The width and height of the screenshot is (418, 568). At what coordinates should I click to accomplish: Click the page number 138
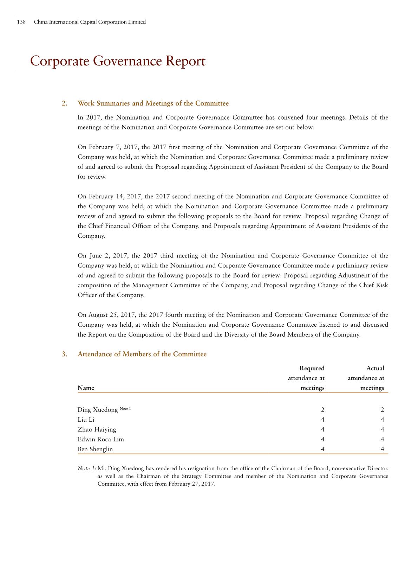(21, 22)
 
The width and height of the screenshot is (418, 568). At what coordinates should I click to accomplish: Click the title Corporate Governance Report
(118, 61)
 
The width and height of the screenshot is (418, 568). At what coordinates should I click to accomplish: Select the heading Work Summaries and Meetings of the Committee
(153, 103)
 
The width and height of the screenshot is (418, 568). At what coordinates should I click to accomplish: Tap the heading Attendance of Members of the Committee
(142, 354)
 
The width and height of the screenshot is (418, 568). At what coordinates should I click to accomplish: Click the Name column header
(86, 388)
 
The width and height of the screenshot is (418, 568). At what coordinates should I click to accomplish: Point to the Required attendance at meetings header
(306, 378)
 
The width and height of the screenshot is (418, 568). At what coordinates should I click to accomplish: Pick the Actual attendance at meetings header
(366, 378)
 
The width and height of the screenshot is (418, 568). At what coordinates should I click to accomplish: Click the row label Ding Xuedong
(98, 410)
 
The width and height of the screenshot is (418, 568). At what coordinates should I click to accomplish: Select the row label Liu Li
(86, 420)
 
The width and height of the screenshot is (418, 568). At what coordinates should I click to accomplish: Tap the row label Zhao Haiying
(97, 429)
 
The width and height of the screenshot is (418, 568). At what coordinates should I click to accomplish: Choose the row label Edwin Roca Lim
(100, 439)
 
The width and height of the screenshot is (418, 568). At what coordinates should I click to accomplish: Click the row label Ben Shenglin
(95, 449)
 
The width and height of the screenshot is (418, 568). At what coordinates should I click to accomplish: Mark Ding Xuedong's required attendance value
(322, 410)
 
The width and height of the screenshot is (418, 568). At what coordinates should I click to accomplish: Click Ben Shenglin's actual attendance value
(382, 449)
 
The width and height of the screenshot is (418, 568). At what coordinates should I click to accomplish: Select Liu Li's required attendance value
(322, 420)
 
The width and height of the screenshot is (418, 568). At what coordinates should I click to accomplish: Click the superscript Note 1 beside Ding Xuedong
(125, 408)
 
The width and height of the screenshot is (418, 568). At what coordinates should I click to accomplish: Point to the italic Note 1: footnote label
(87, 468)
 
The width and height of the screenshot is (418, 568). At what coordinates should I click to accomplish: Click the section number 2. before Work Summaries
(64, 103)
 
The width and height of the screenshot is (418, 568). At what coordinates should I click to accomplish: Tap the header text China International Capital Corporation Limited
(90, 22)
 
